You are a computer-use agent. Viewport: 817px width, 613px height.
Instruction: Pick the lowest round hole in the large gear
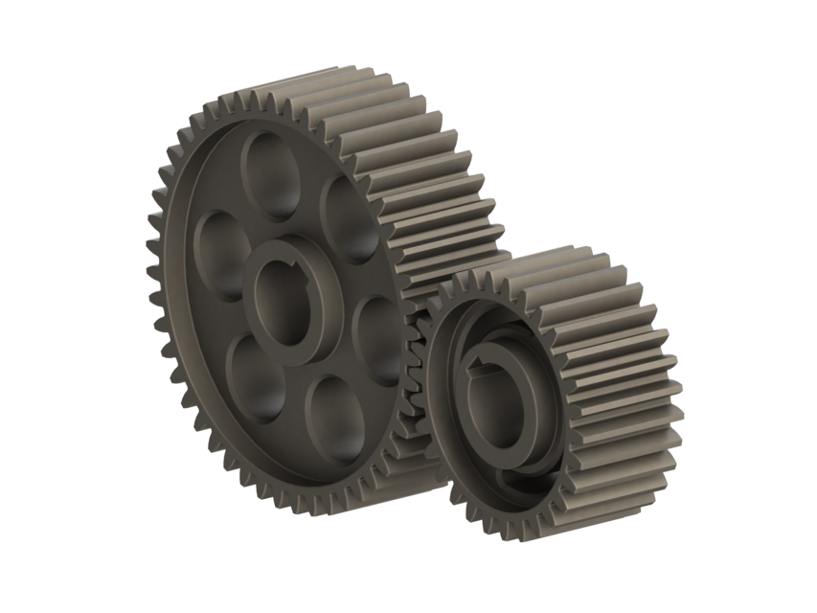pyautogui.click(x=336, y=419)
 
